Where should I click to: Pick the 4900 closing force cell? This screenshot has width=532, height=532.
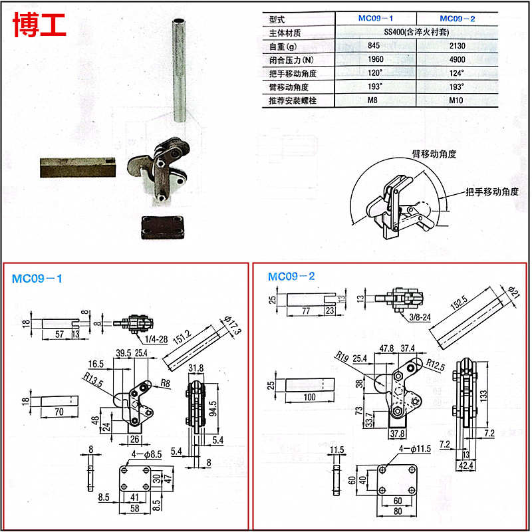(457, 60)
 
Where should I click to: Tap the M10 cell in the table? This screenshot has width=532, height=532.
(457, 101)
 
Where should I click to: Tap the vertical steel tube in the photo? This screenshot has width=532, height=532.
(178, 70)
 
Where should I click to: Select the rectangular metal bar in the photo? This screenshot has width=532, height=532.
(77, 167)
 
